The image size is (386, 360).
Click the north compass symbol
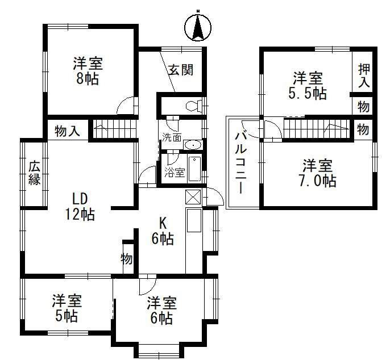[x=198, y=26]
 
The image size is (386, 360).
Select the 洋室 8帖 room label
[x=86, y=70]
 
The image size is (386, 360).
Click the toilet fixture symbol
[x=193, y=105]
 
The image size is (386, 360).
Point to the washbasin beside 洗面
[x=192, y=143]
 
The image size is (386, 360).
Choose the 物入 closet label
[x=67, y=131]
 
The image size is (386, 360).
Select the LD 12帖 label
[x=79, y=206]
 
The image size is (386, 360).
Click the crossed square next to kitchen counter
[x=193, y=197]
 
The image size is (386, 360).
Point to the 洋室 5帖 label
[x=67, y=307]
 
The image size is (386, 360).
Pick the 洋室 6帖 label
[x=161, y=310]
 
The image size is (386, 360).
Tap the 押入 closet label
[x=364, y=75]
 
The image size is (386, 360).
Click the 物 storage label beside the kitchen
[x=126, y=259]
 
